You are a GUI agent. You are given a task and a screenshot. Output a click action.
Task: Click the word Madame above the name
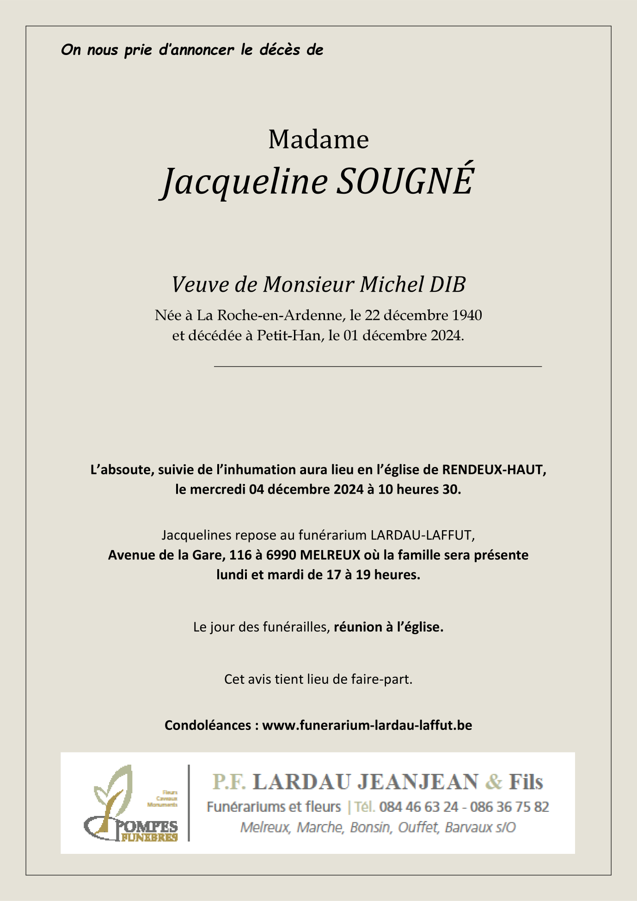(x=318, y=139)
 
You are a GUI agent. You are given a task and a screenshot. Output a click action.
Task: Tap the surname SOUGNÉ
(x=404, y=181)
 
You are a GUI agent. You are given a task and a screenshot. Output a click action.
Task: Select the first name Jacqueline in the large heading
(x=245, y=182)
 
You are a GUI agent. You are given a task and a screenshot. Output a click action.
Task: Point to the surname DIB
(x=447, y=284)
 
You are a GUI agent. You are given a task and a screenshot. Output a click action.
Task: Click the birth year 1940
(x=466, y=315)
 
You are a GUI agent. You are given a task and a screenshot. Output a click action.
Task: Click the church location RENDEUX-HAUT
(x=494, y=470)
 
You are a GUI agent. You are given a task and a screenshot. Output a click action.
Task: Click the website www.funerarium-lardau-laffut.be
(x=367, y=725)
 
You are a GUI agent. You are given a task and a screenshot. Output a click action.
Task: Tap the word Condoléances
(x=208, y=725)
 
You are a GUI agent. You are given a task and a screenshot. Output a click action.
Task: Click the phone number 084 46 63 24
(x=419, y=807)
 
